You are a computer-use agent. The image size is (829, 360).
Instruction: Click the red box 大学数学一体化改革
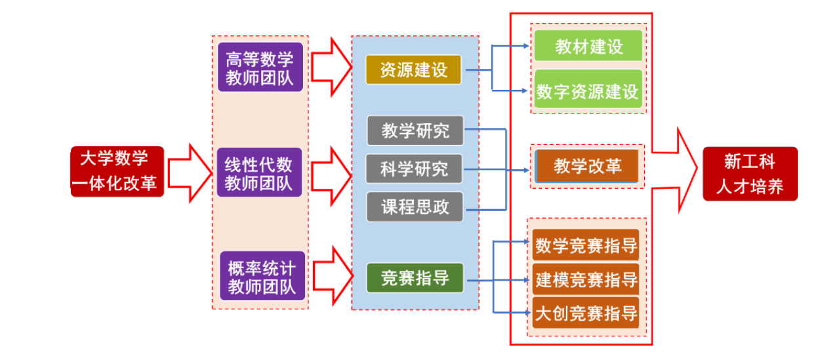click(117, 171)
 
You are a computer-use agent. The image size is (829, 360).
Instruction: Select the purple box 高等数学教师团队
click(260, 68)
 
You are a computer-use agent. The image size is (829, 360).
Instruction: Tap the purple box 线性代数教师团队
click(260, 172)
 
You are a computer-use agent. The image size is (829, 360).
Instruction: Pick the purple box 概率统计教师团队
click(262, 276)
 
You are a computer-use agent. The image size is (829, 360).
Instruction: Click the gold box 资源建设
click(414, 70)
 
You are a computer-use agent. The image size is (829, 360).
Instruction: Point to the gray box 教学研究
click(415, 130)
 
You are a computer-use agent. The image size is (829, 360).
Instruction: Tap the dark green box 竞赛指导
click(415, 277)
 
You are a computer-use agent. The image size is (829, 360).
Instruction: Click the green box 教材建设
click(588, 47)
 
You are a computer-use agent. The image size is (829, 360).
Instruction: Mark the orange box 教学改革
click(588, 166)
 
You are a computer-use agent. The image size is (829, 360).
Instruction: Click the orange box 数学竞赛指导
click(586, 245)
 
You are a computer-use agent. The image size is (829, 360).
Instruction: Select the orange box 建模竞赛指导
click(586, 279)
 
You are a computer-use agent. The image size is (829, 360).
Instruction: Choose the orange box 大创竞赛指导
click(586, 312)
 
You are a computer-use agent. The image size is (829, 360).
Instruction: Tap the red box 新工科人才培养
click(750, 172)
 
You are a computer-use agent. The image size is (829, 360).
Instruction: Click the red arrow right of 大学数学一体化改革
click(188, 172)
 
